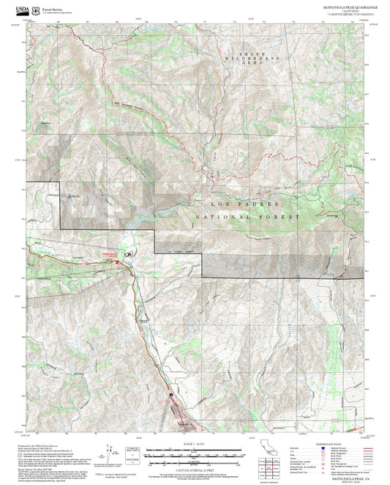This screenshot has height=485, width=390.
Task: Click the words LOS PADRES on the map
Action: click(x=237, y=203)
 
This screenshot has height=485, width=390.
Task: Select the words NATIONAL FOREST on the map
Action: click(x=250, y=218)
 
